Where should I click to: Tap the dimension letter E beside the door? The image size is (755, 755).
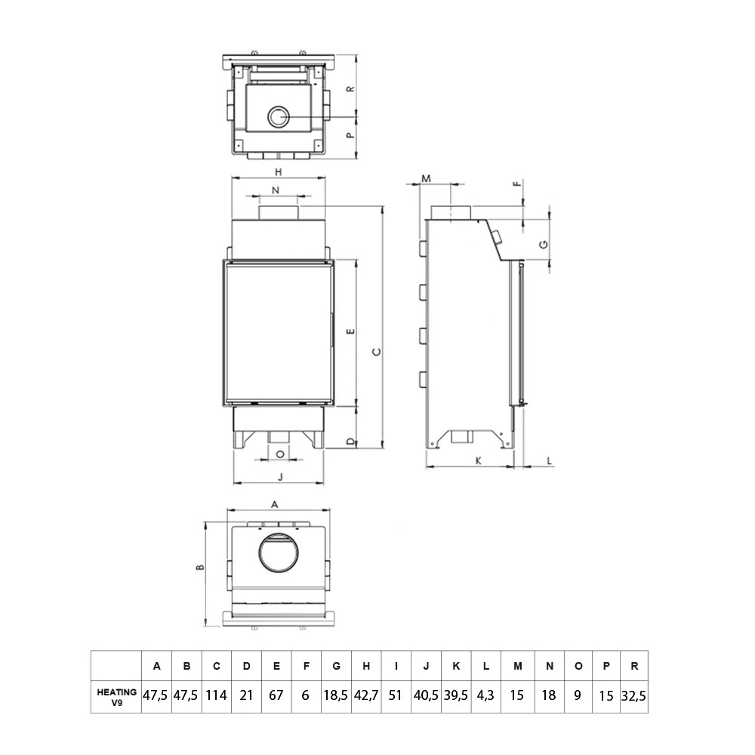tap(349, 331)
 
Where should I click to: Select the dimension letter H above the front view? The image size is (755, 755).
tap(278, 171)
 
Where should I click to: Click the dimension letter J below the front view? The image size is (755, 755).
tap(280, 476)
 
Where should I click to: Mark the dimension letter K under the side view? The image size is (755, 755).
tap(478, 460)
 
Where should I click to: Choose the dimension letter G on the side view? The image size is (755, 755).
tap(543, 243)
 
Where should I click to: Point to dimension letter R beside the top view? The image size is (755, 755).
tap(350, 88)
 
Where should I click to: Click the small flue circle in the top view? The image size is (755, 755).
tap(278, 117)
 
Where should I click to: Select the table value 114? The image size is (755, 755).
tap(216, 695)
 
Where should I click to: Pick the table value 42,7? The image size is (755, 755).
tap(366, 695)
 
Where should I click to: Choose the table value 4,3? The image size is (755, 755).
tap(486, 695)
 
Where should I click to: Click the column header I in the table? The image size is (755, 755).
tap(396, 666)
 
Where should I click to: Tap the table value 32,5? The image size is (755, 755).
tap(633, 695)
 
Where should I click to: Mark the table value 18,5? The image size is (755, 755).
tap(336, 695)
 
